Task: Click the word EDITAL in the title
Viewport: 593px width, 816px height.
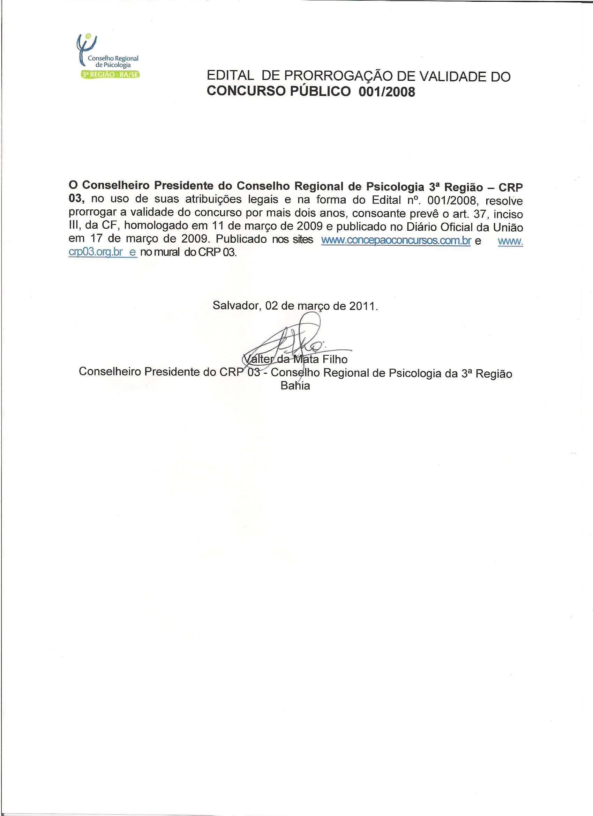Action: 231,76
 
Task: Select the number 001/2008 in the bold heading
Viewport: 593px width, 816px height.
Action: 386,92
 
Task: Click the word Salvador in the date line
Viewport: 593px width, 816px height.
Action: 235,305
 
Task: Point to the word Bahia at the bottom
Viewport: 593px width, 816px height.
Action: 295,386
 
